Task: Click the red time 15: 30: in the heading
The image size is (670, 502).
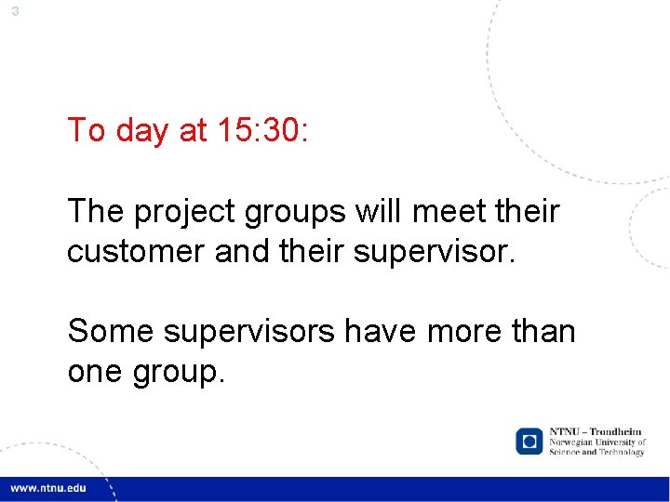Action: [261, 130]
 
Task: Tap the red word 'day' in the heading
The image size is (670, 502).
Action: [143, 131]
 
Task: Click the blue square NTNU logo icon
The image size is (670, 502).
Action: [529, 441]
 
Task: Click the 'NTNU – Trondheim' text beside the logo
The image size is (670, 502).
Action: [596, 432]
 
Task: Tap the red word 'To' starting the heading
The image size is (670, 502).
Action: [86, 130]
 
